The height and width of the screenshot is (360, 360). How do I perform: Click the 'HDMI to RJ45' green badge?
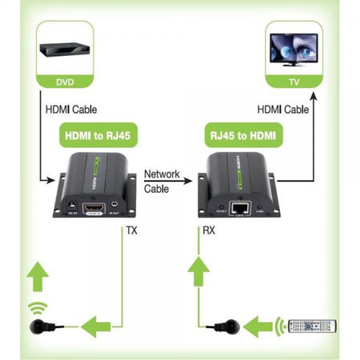point(94,137)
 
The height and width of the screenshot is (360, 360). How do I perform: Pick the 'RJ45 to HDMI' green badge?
point(243,137)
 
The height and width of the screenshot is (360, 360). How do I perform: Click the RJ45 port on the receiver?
point(240,208)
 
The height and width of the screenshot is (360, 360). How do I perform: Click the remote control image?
point(313,327)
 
